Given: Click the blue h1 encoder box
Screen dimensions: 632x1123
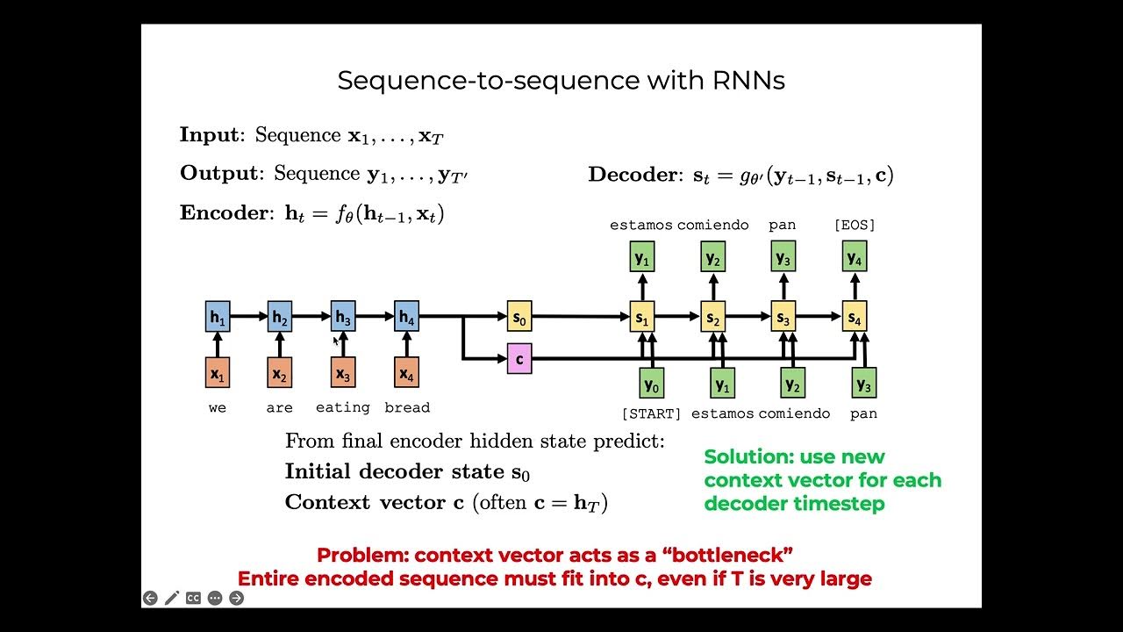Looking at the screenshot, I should (x=218, y=317).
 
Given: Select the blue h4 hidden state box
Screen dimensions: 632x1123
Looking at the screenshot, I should (x=406, y=317).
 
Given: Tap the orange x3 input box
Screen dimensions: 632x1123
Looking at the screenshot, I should (x=343, y=373).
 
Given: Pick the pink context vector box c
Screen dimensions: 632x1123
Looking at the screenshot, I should (x=519, y=358).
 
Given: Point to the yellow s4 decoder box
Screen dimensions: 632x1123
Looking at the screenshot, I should (x=855, y=317).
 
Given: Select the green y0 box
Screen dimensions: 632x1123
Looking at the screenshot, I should (x=651, y=383).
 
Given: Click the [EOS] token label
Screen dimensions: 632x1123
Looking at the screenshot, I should (x=854, y=225).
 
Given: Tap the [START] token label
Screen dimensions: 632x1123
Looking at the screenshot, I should (x=651, y=413).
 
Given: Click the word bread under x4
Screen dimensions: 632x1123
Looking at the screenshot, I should (x=407, y=407).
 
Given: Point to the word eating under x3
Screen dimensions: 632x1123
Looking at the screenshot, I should (x=342, y=407).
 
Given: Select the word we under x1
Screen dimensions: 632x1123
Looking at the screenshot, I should (x=218, y=407).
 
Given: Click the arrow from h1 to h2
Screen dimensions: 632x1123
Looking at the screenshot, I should (x=248, y=316).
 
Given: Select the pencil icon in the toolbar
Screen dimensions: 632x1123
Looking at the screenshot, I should (x=171, y=598).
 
